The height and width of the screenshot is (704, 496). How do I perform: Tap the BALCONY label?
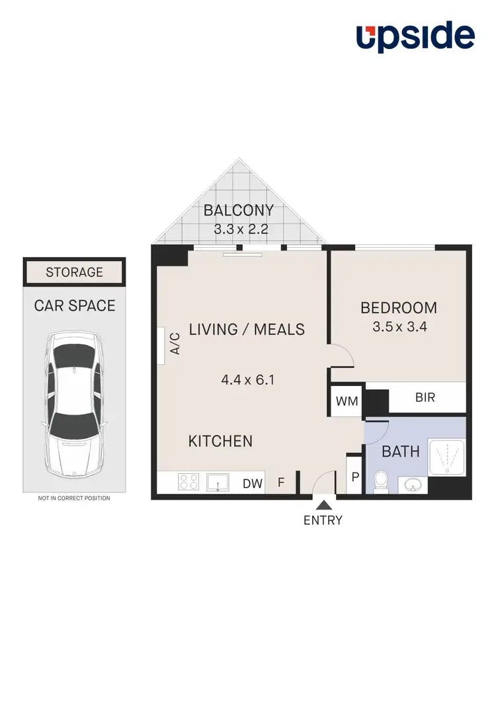point(238,211)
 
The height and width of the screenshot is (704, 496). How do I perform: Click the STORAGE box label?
point(74,272)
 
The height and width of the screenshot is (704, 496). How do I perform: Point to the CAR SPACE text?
point(74,305)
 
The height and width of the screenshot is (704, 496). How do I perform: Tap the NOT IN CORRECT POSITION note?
point(74,498)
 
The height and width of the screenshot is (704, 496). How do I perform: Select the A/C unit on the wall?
point(161,345)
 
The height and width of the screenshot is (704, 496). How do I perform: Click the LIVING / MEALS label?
point(247,329)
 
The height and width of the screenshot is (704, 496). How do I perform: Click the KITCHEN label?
point(220,441)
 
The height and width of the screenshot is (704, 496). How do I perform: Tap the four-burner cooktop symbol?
point(188,483)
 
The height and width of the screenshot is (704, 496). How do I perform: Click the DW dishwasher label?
point(253,484)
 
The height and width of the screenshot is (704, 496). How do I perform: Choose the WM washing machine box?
point(347,401)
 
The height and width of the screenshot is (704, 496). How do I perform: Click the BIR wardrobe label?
point(425,399)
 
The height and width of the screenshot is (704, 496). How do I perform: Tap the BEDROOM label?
point(398,307)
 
